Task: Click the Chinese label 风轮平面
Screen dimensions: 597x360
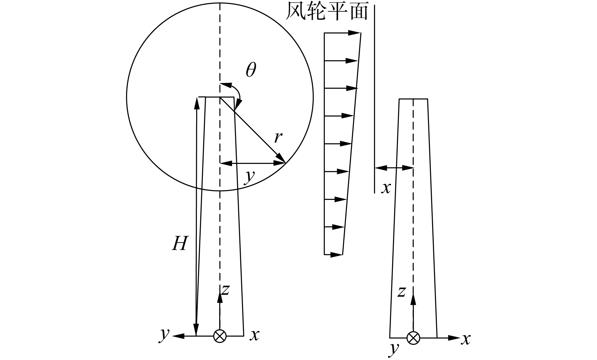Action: click(327, 12)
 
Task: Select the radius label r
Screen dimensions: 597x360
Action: click(278, 137)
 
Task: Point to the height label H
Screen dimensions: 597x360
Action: click(180, 243)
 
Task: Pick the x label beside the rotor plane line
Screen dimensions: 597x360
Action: click(386, 188)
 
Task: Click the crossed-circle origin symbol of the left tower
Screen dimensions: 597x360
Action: click(220, 336)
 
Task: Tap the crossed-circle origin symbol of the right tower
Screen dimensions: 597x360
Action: click(413, 338)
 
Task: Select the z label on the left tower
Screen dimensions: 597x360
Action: click(225, 290)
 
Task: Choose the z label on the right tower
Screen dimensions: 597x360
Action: click(401, 292)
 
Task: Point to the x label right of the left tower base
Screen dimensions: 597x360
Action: click(254, 335)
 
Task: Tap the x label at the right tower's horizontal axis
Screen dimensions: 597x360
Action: click(465, 339)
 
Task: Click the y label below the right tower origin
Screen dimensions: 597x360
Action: click(394, 348)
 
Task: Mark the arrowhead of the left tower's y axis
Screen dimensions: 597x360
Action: click(178, 336)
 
